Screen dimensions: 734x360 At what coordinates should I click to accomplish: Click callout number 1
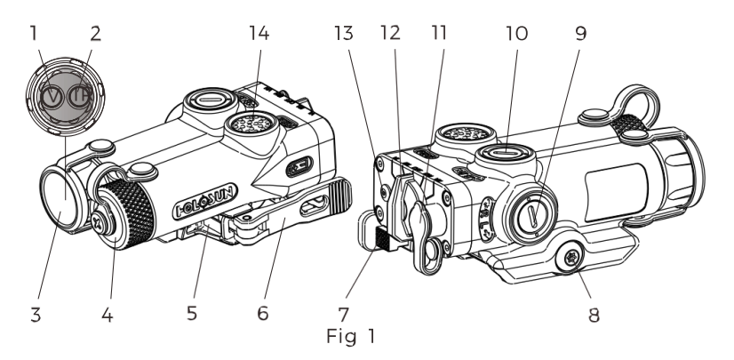[33, 34]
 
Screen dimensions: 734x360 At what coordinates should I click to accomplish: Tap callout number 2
[95, 34]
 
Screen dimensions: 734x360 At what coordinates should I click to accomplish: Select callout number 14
[259, 33]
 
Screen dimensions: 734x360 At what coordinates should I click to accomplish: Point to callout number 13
[344, 33]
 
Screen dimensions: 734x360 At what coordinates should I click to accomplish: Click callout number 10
[517, 33]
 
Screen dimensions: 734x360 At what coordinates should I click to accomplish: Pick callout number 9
[580, 33]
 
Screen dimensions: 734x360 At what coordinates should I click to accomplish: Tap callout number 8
[594, 315]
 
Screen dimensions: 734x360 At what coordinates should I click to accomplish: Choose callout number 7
[344, 315]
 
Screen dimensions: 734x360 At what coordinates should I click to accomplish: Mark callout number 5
[192, 313]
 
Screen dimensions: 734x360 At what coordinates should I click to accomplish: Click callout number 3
[36, 315]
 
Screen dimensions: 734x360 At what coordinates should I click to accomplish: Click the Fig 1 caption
[351, 336]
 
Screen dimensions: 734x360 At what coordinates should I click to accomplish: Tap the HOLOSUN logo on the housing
[205, 201]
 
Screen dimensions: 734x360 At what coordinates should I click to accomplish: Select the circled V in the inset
[54, 97]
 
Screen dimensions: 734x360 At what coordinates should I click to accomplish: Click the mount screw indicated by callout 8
[570, 258]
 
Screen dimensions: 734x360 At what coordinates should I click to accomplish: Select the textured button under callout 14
[251, 124]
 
